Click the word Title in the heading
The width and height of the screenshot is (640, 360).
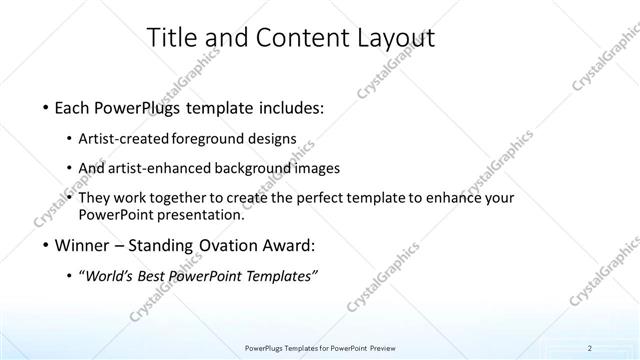tap(171, 39)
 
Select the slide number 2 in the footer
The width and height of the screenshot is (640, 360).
tap(590, 347)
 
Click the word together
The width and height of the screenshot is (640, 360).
tap(199, 199)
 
